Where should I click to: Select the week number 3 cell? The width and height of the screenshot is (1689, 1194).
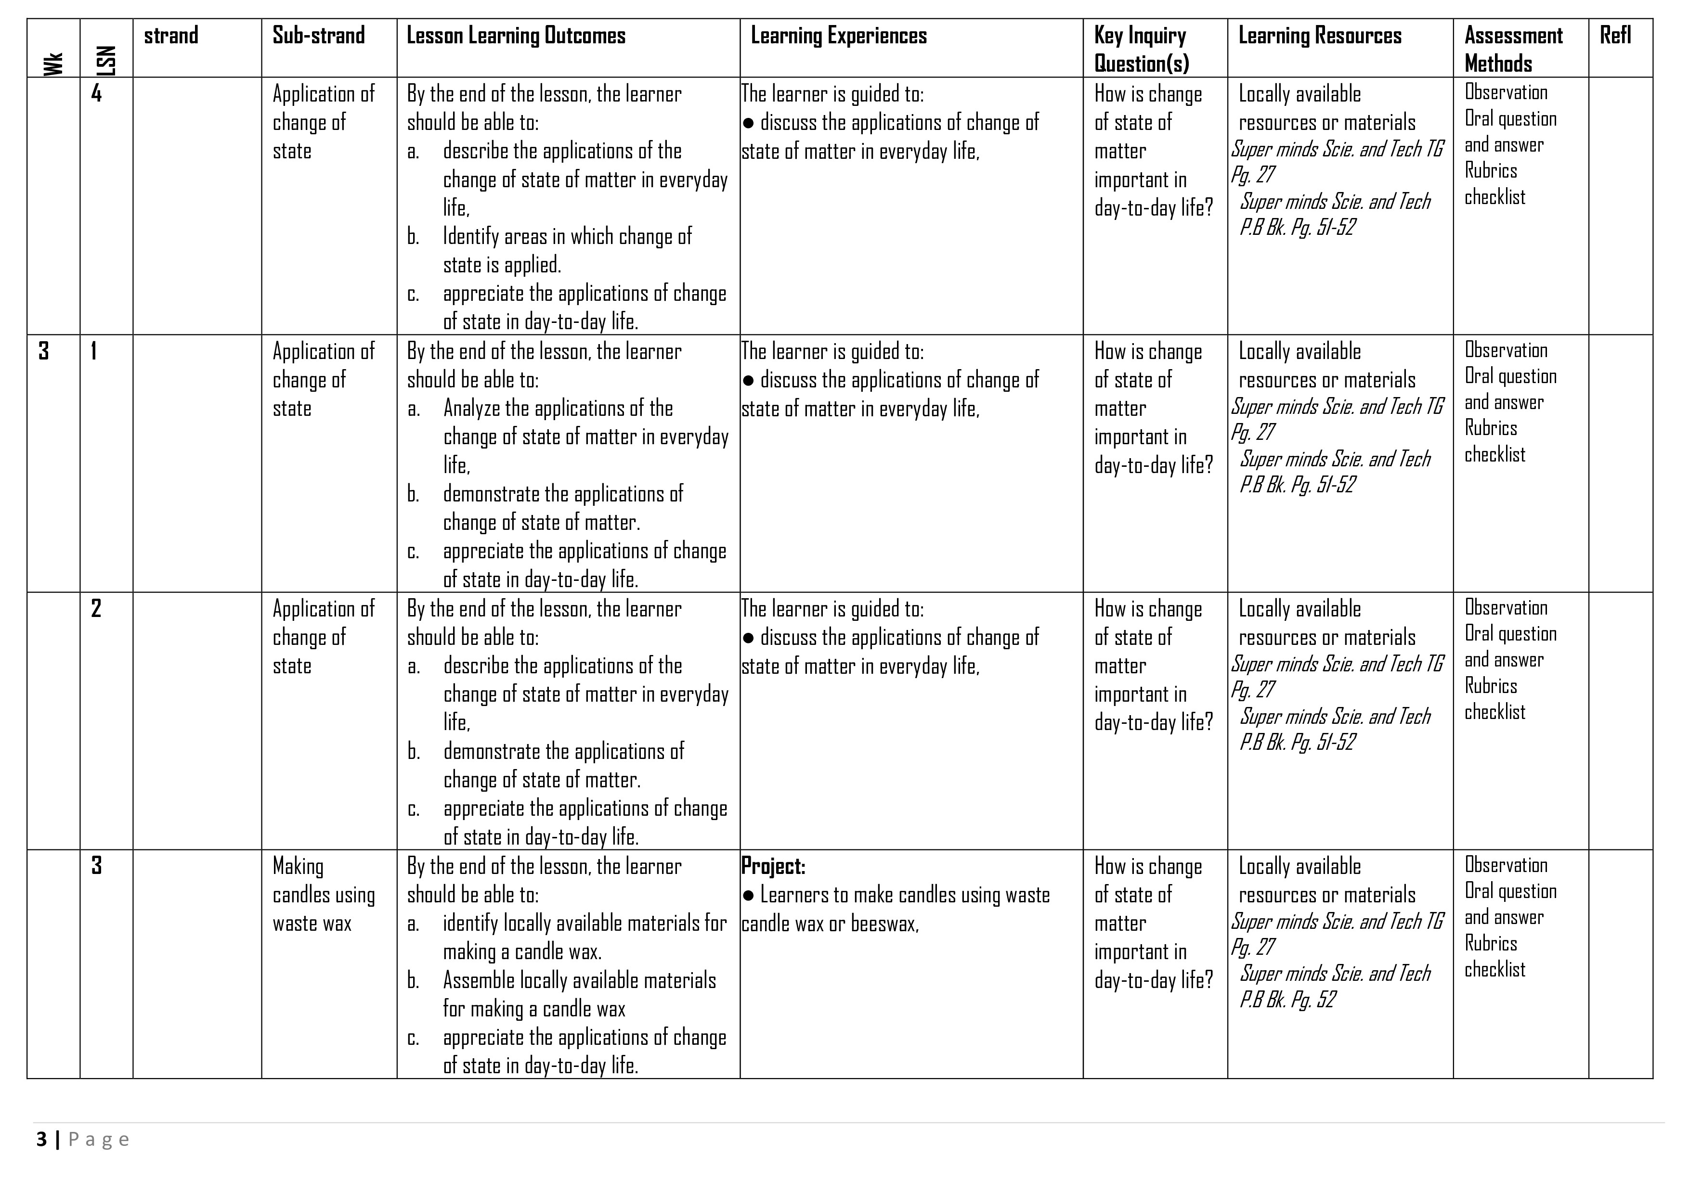(x=43, y=351)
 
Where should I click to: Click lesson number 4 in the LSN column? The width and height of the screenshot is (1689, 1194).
(x=96, y=93)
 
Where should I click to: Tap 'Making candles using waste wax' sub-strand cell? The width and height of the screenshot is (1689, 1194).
(x=324, y=895)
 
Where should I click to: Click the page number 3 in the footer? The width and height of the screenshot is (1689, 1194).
(x=41, y=1140)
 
